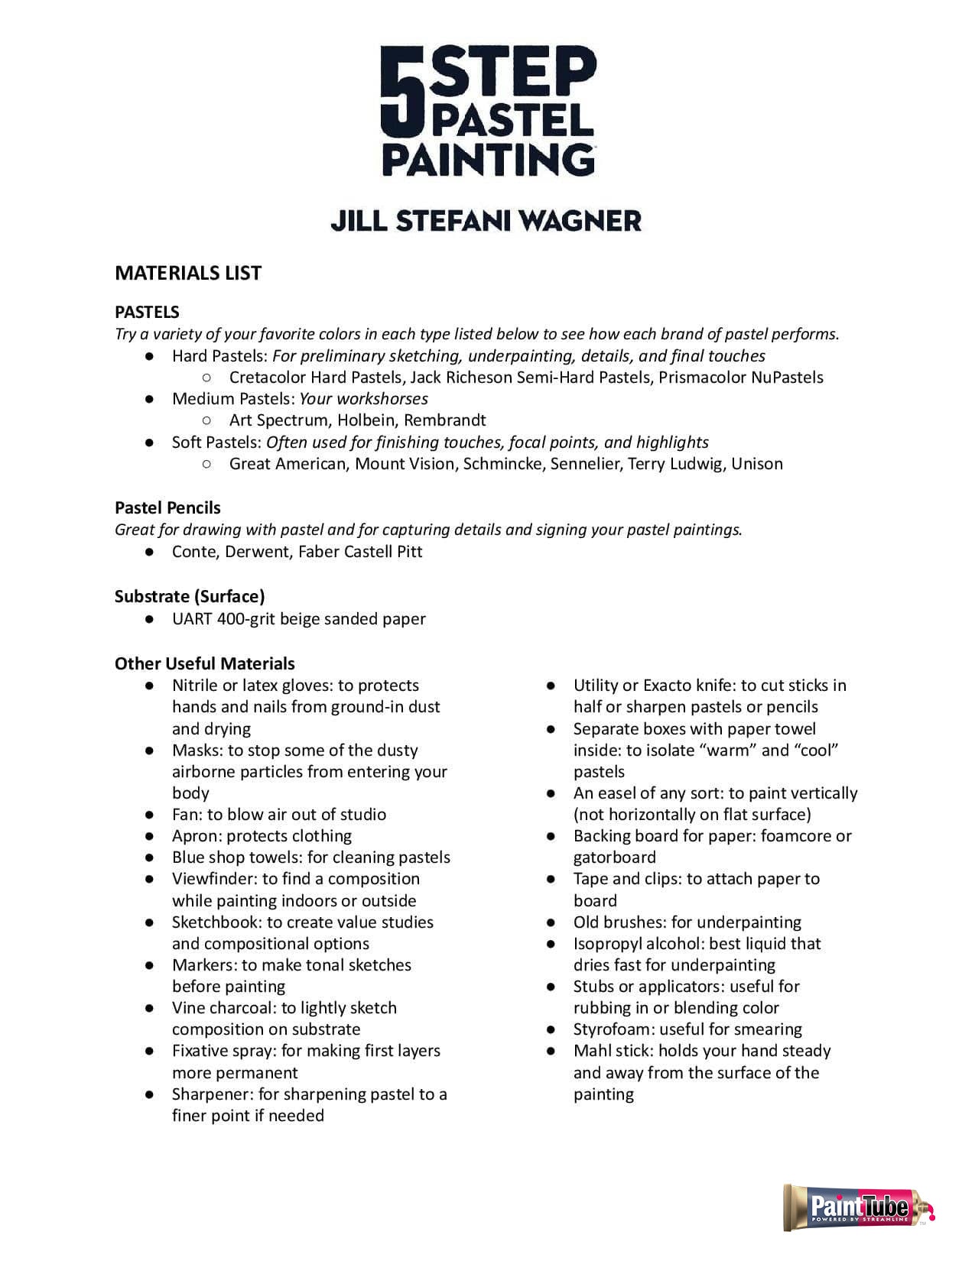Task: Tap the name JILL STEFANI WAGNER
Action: pyautogui.click(x=486, y=221)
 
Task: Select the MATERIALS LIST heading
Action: pyautogui.click(x=188, y=273)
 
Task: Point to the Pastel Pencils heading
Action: pyautogui.click(x=167, y=507)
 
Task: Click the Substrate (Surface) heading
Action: pyautogui.click(x=190, y=596)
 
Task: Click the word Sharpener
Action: pyautogui.click(x=212, y=1094)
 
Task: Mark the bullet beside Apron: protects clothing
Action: pyautogui.click(x=150, y=836)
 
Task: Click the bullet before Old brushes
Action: pyautogui.click(x=551, y=922)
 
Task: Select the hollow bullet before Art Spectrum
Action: pyautogui.click(x=206, y=420)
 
